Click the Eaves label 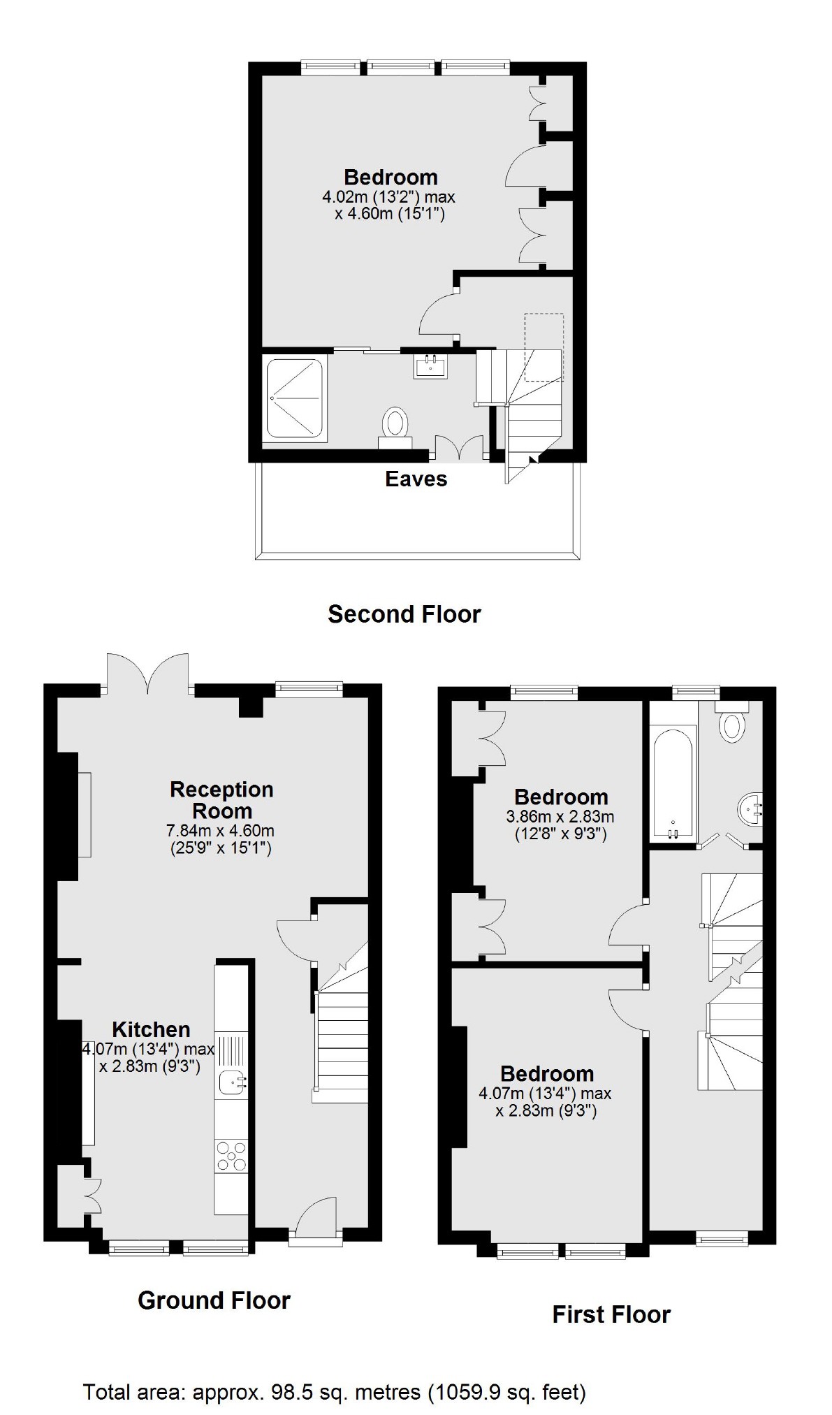[416, 479]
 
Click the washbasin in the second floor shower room [430, 366]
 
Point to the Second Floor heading [404, 614]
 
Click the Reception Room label [221, 800]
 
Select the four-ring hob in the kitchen [231, 1154]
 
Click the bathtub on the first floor [673, 783]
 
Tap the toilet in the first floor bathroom [731, 725]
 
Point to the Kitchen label [151, 1029]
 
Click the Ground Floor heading [214, 1300]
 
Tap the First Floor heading [611, 1314]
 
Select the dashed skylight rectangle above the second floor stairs [543, 347]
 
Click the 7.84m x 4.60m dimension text [220, 831]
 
